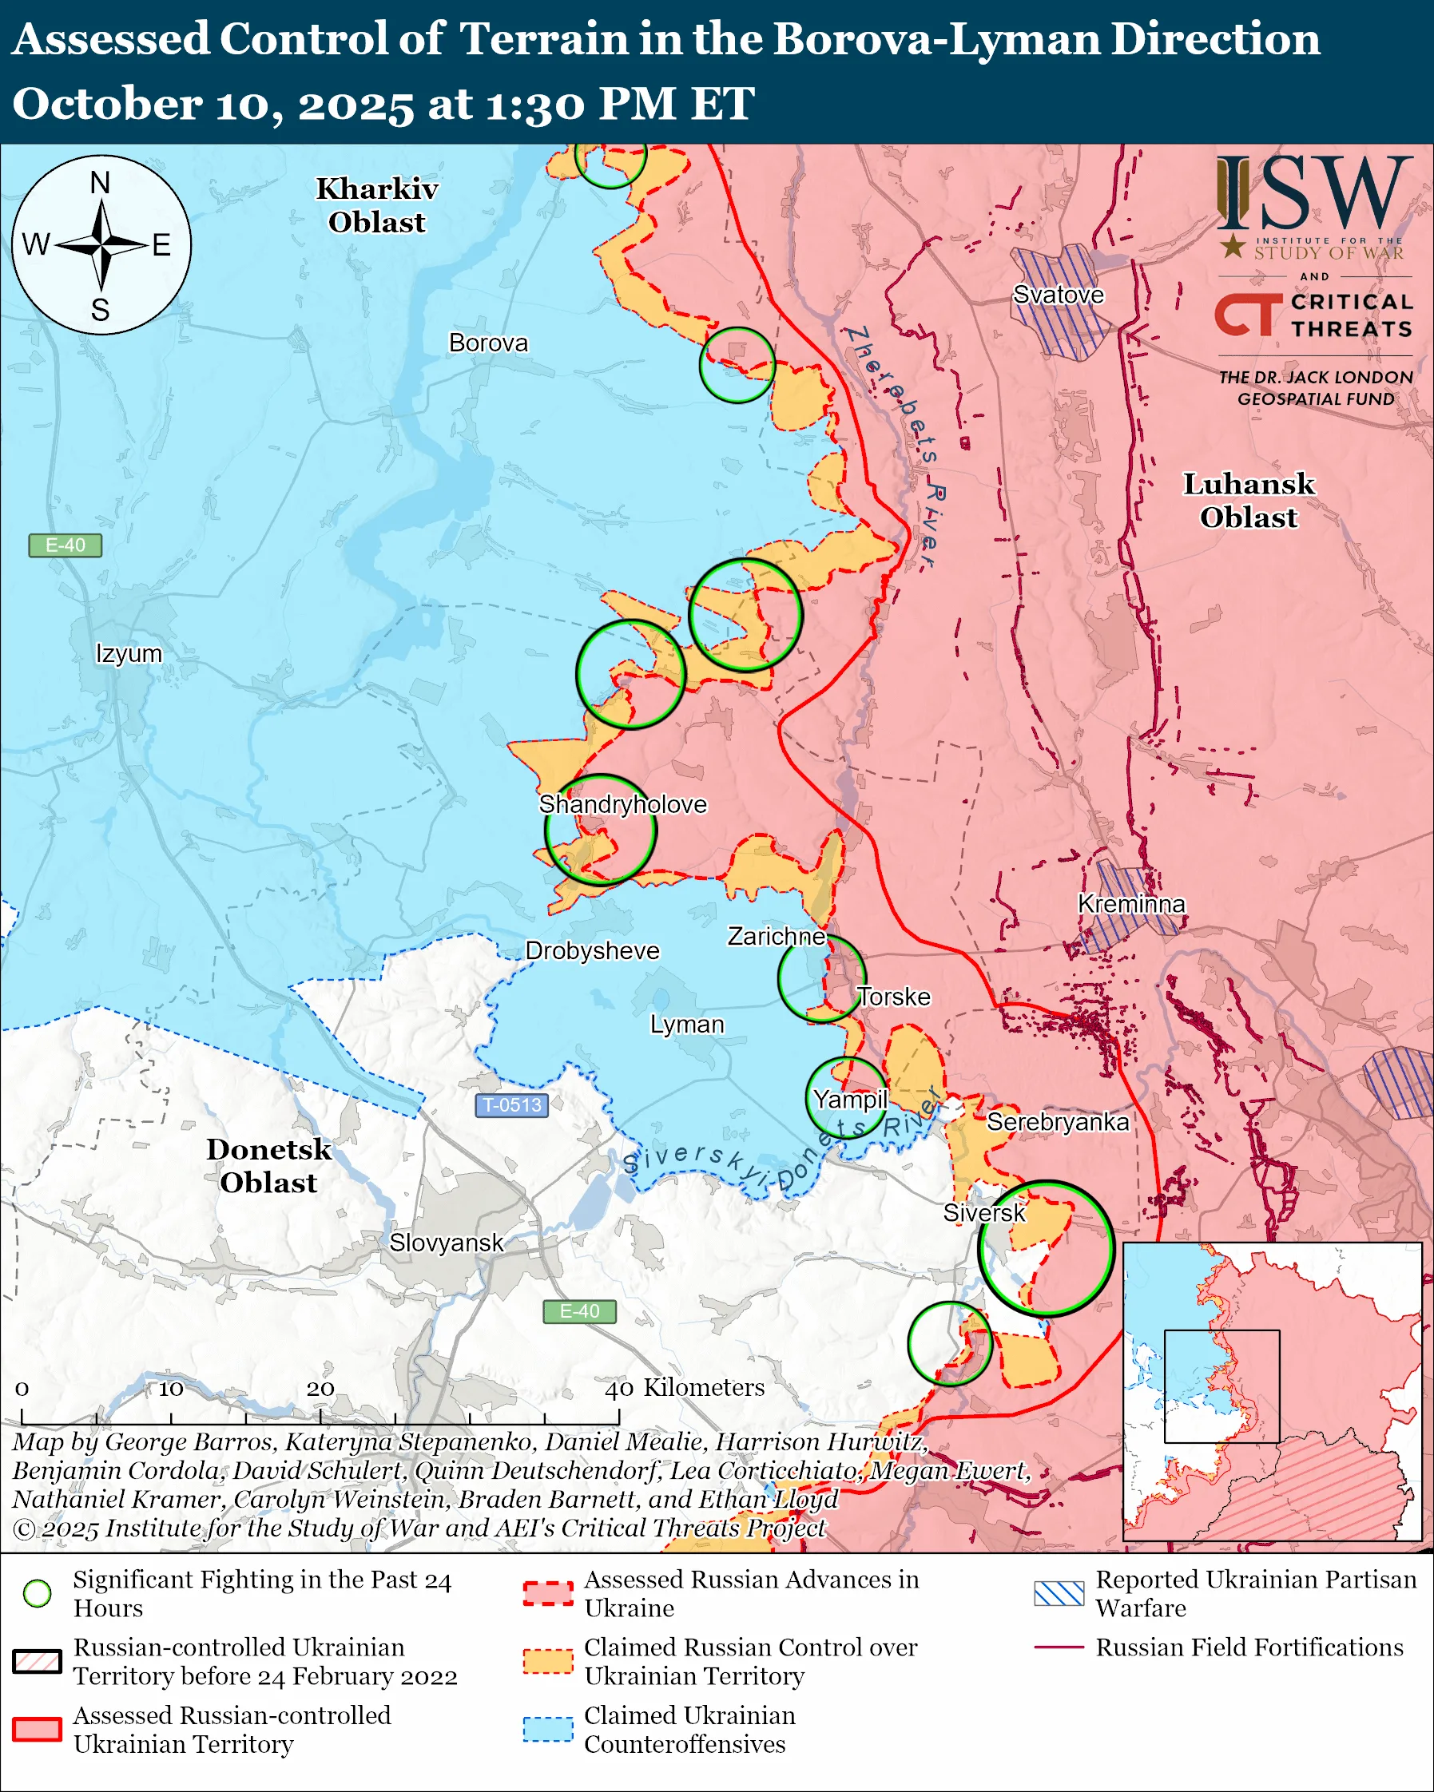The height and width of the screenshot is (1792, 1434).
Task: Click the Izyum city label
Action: point(129,653)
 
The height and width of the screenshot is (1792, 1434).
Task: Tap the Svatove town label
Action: point(1059,295)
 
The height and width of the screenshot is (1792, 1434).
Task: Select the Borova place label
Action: point(488,343)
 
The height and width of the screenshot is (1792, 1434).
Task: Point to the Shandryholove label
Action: point(622,805)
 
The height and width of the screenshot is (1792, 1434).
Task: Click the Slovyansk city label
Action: point(447,1243)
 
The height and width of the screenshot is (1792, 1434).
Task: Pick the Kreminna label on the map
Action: point(1131,904)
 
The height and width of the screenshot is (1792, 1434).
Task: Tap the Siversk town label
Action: point(984,1213)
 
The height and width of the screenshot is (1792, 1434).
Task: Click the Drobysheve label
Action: point(592,951)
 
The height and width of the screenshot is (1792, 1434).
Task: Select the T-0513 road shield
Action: point(511,1105)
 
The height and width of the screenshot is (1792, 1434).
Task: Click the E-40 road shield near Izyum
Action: point(65,545)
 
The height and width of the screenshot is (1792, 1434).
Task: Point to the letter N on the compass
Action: point(100,182)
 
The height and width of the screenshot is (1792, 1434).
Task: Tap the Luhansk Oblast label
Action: point(1249,501)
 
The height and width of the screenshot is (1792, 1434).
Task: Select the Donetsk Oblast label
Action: point(268,1165)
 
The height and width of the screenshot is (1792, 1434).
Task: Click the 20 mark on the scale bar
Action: point(320,1389)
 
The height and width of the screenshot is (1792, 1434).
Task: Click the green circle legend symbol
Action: point(38,1593)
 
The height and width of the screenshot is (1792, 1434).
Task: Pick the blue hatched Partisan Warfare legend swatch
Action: point(1059,1593)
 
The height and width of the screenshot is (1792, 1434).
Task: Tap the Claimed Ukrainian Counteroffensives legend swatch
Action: point(548,1729)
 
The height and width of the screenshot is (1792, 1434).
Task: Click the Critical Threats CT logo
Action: point(1248,314)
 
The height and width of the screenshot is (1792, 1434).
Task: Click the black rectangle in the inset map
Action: point(1221,1386)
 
